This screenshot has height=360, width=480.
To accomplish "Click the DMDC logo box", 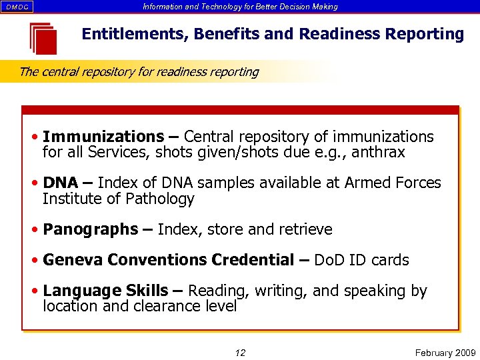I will pyautogui.click(x=18, y=7).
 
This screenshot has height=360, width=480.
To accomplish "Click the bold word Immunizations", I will pyautogui.click(x=103, y=137).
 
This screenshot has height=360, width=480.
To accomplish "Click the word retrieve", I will pyautogui.click(x=302, y=229).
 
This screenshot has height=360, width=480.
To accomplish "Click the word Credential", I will pyautogui.click(x=252, y=260).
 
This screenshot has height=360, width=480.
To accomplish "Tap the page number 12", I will pyautogui.click(x=240, y=353).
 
